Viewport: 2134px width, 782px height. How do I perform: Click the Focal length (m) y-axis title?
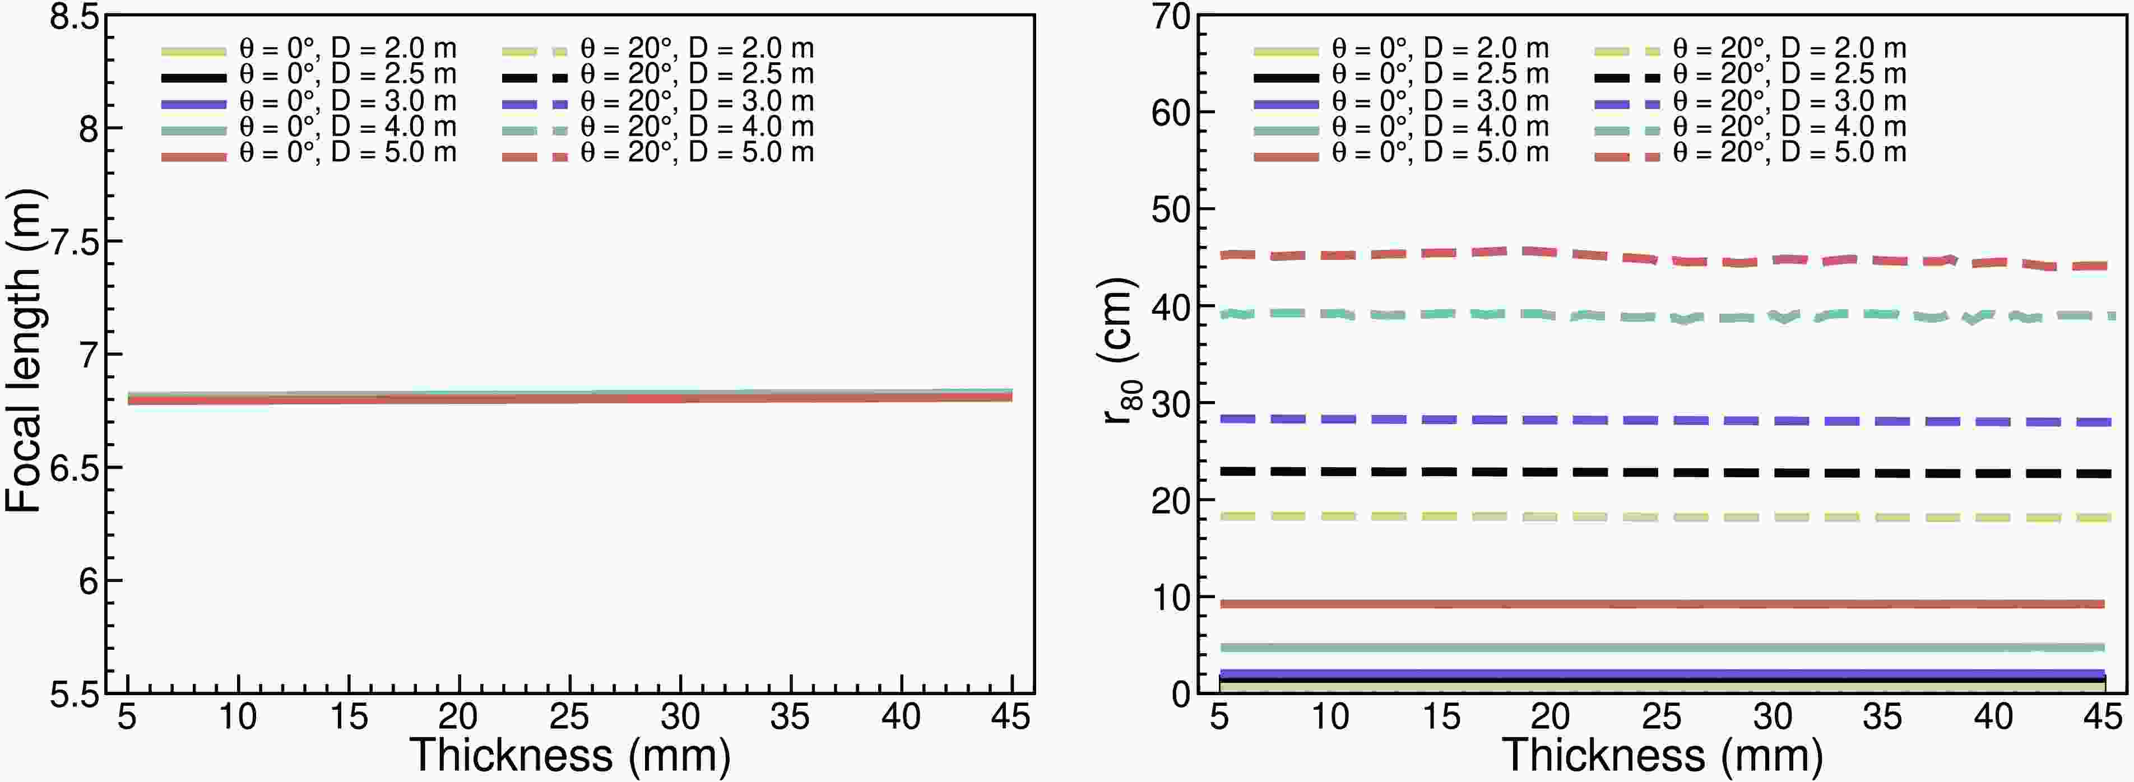[25, 352]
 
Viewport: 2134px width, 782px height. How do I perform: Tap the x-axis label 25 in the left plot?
[569, 716]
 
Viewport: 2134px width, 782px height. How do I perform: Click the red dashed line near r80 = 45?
[1574, 253]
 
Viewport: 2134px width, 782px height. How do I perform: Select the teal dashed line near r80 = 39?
[1574, 315]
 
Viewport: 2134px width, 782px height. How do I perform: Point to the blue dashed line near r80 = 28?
[1574, 420]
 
